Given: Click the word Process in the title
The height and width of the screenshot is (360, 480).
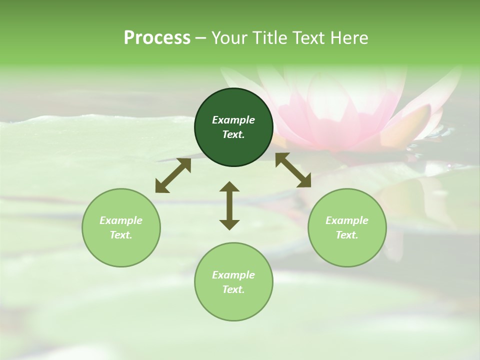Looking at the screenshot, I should pyautogui.click(x=157, y=38).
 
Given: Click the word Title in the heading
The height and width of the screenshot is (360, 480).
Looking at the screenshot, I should pyautogui.click(x=269, y=38).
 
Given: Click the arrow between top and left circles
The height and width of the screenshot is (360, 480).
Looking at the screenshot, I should pyautogui.click(x=173, y=175).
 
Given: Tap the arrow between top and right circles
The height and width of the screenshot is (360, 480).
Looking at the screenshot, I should pyautogui.click(x=293, y=170).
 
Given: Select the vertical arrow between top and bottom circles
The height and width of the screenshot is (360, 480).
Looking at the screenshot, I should pyautogui.click(x=229, y=205).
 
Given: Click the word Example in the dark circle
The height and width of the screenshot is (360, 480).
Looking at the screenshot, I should pyautogui.click(x=233, y=120).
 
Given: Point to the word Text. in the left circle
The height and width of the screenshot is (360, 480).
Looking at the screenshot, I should pyautogui.click(x=121, y=235).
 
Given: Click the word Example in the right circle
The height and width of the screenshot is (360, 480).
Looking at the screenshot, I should pyautogui.click(x=347, y=220).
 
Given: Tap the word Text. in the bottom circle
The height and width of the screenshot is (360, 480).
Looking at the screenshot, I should pyautogui.click(x=233, y=289).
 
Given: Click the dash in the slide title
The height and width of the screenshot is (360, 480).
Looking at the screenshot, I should pyautogui.click(x=201, y=38).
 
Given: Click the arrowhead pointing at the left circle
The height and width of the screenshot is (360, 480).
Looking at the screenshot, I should pyautogui.click(x=161, y=187).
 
